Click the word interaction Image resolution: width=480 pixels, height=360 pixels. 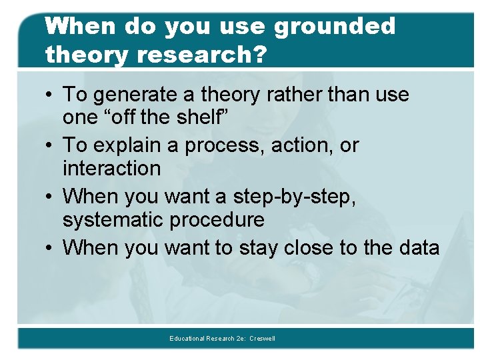point(111,168)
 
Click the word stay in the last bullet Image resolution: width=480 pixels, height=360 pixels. point(256,248)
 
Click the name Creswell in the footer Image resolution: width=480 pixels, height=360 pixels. point(262,339)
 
